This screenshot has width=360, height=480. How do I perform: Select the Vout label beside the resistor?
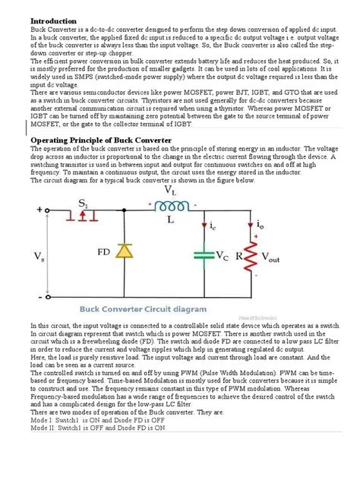(x=279, y=258)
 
